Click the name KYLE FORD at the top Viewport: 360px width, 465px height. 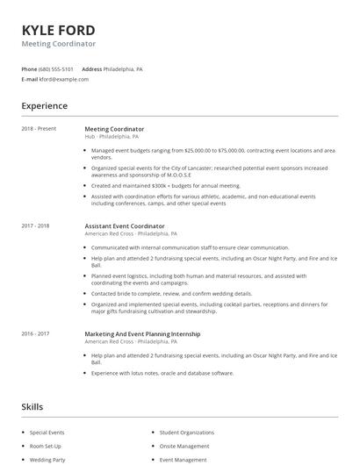pos(58,31)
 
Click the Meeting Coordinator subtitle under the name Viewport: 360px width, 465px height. pos(59,44)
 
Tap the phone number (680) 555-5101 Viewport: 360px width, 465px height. pos(56,68)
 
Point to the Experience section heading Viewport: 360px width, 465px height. pos(44,106)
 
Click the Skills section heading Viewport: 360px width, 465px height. pos(32,407)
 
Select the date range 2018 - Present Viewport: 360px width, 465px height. pos(39,129)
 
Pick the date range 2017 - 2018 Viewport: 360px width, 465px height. pos(35,226)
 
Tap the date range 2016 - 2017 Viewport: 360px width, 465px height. pos(35,333)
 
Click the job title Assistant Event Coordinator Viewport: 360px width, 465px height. pos(124,226)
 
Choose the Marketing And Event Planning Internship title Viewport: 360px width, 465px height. pos(141,333)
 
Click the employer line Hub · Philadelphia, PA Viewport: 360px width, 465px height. pos(112,137)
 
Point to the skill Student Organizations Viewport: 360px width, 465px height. pos(186,433)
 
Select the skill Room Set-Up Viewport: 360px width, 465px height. pos(46,446)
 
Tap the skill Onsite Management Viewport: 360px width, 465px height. pos(184,446)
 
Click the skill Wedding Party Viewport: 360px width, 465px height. pos(47,459)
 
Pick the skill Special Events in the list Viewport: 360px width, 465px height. pos(47,433)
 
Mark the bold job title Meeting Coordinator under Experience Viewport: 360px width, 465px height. pos(114,129)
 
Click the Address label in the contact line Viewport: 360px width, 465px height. pos(91,68)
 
